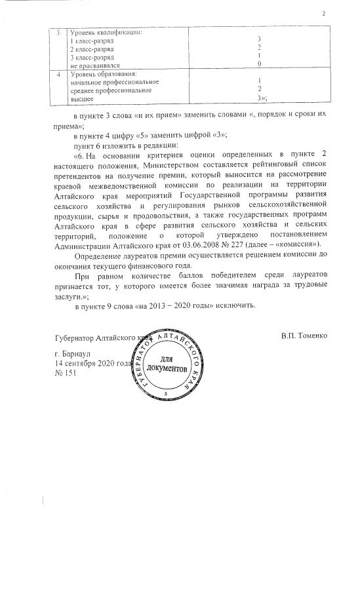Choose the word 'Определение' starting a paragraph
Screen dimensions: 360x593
[98, 255]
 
